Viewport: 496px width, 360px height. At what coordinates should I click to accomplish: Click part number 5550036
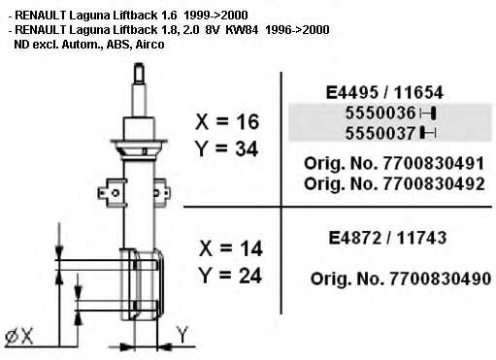tap(380, 114)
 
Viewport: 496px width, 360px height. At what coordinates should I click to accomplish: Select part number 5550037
tap(380, 133)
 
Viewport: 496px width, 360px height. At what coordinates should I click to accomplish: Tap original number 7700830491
tap(434, 164)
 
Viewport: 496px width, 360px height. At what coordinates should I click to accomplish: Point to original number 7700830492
tap(434, 184)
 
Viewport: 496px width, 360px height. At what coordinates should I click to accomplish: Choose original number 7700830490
tap(440, 278)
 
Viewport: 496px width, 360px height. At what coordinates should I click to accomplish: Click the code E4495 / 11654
tap(384, 93)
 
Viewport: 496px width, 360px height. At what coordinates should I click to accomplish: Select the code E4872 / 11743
tap(387, 238)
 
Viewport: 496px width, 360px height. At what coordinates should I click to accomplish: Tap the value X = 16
tap(227, 122)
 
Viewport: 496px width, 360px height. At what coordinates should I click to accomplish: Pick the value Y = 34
tap(226, 148)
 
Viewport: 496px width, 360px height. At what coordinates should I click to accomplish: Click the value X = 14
tap(231, 248)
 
